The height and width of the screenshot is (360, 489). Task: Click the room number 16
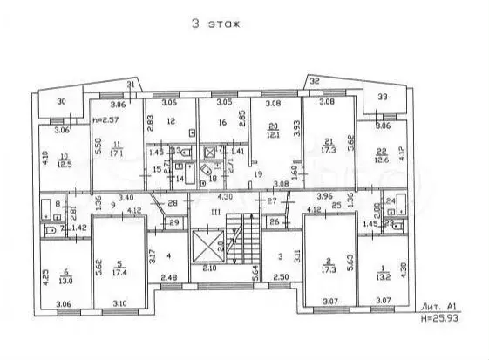point(222,124)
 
